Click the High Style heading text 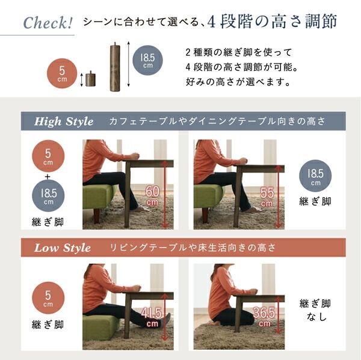[x=64, y=122]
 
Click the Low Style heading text [x=63, y=248]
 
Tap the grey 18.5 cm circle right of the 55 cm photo [x=315, y=177]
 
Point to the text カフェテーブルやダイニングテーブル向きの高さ [x=217, y=122]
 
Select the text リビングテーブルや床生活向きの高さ [x=192, y=248]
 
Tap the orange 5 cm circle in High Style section [x=48, y=155]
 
